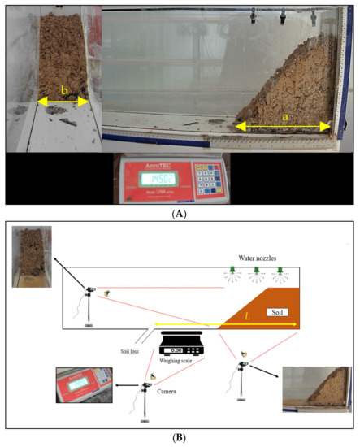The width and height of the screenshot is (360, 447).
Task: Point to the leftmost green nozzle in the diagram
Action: tap(232, 271)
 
